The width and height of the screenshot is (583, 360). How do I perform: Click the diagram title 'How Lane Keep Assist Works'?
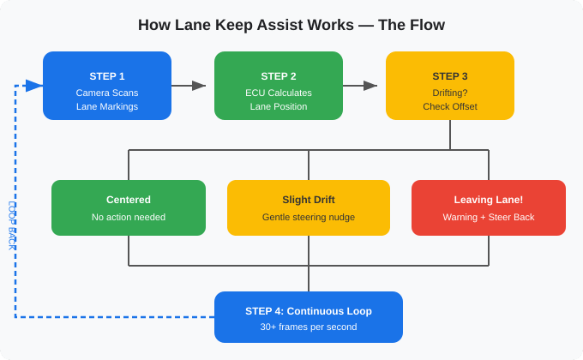tap(291, 25)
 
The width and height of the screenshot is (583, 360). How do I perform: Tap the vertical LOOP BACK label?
tap(12, 225)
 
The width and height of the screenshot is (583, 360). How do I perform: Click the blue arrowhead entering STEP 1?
tap(34, 86)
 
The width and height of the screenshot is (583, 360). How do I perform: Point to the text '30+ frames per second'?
tap(309, 327)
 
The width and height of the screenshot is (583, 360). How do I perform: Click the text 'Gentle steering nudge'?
tap(309, 217)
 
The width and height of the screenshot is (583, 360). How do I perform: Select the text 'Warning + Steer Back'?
tap(489, 217)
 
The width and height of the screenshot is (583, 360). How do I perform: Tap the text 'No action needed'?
tap(129, 217)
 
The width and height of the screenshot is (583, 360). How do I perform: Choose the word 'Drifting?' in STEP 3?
tap(450, 93)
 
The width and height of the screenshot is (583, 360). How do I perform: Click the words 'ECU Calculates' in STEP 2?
tap(279, 93)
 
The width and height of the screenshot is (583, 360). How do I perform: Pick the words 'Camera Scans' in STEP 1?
tap(107, 93)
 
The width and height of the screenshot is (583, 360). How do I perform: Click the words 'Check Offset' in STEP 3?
tap(450, 107)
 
